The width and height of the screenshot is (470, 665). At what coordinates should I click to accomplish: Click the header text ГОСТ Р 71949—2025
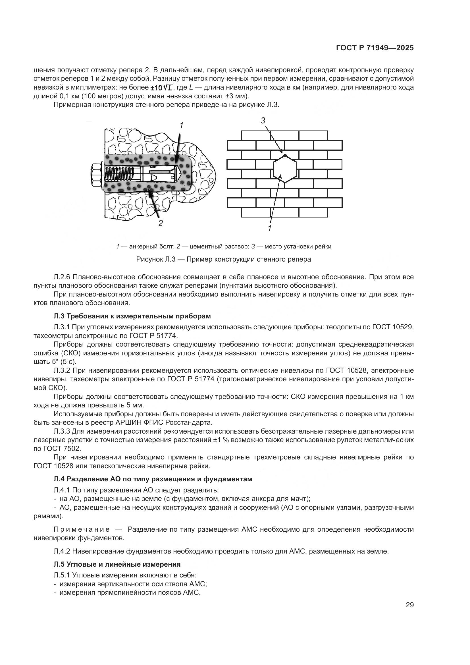375,48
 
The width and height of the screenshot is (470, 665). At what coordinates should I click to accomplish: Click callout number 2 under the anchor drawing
161,223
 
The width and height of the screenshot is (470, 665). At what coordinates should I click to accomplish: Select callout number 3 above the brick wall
263,121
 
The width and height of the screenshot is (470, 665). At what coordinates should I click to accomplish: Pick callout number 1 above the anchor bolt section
181,125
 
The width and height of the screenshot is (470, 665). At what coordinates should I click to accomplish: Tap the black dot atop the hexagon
285,156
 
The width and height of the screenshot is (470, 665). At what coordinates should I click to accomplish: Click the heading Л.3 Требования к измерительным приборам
132,316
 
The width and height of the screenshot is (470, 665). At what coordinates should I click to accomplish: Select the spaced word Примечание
82,530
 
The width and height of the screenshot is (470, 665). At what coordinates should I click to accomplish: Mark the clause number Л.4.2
62,551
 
